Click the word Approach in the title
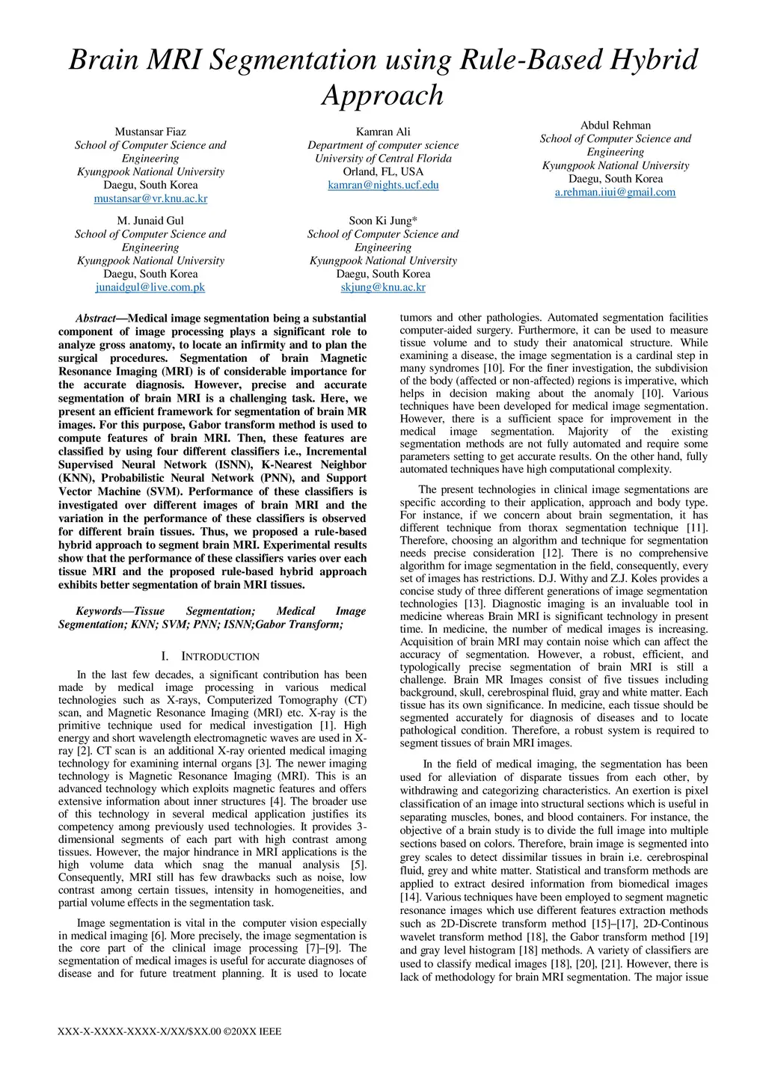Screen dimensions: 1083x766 pyautogui.click(x=383, y=96)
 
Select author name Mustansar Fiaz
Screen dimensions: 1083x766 pyautogui.click(x=150, y=132)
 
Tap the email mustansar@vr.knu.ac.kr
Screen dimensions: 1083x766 pyautogui.click(x=150, y=199)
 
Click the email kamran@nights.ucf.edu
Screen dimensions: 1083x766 pyautogui.click(x=383, y=185)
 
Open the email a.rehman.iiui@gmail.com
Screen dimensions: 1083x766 pyautogui.click(x=615, y=192)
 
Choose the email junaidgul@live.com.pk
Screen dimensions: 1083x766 pyautogui.click(x=150, y=287)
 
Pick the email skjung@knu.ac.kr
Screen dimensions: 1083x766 pyautogui.click(x=383, y=287)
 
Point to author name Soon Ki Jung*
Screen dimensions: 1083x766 pyautogui.click(x=383, y=221)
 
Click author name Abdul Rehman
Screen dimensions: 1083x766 pyautogui.click(x=615, y=126)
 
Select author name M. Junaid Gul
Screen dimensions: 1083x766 pyautogui.click(x=150, y=221)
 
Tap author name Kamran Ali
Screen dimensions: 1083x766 pyautogui.click(x=383, y=132)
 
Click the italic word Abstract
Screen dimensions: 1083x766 pyautogui.click(x=96, y=319)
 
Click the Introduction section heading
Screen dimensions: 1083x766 pyautogui.click(x=212, y=657)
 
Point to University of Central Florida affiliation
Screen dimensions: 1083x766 pyautogui.click(x=383, y=159)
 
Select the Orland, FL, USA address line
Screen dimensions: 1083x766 pyautogui.click(x=383, y=172)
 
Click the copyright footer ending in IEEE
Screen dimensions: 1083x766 pyautogui.click(x=169, y=1032)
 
